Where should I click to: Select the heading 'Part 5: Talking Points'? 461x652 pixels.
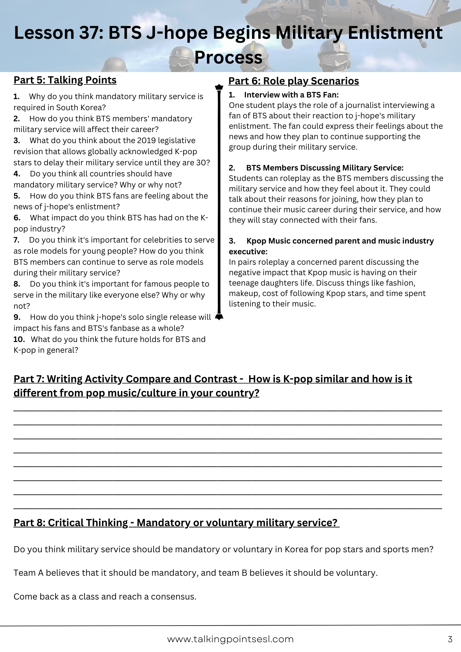point(65,80)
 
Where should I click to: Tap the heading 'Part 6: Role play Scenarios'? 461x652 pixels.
point(293,81)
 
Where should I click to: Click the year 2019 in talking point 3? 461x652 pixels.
point(146,141)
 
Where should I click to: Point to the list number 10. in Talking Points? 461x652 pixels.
point(19,339)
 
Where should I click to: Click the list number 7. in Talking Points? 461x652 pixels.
point(17,240)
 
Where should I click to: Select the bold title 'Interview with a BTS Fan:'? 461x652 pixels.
point(291,95)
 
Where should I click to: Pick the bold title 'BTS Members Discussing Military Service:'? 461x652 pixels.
point(325,168)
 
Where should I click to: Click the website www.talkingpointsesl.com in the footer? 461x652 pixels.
point(230,639)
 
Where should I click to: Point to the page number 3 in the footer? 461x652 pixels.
point(450,639)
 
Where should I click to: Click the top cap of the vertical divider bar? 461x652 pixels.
point(219,87)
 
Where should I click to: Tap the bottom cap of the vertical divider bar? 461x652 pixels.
point(219,317)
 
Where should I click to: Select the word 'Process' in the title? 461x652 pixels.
point(228,58)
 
